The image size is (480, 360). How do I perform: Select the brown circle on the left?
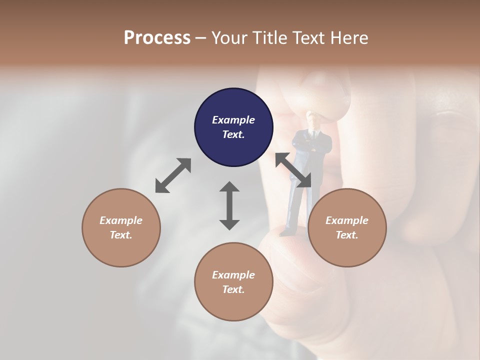pos(121,227)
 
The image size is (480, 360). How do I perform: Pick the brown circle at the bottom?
pos(233,281)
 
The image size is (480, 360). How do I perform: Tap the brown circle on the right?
pos(346,227)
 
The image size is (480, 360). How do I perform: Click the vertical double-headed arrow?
pos(229,205)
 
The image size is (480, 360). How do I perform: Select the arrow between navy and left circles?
pos(173,175)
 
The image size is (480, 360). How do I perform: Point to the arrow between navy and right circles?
pos(293,170)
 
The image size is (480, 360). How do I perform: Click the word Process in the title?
pos(157,37)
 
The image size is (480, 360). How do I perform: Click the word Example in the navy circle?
pos(233,120)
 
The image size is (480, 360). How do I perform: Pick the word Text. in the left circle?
pos(121,235)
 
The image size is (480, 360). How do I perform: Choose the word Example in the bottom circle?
pos(233,274)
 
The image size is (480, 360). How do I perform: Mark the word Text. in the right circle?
pos(346,235)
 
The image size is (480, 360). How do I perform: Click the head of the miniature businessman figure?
pos(313,120)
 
